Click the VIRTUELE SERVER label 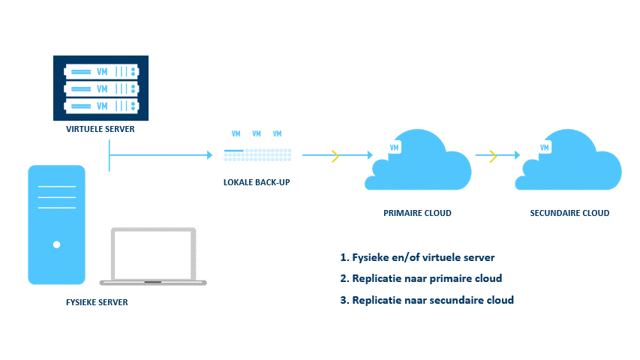(100, 129)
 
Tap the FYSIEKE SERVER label (97, 302)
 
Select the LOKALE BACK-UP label (257, 182)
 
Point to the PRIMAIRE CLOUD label (417, 213)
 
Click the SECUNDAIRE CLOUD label (569, 213)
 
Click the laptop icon (153, 256)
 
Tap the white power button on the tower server (57, 244)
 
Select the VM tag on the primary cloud (394, 147)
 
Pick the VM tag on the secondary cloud (545, 147)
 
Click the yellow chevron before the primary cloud (335, 155)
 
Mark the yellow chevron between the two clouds (493, 155)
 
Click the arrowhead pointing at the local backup (210, 155)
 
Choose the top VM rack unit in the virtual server (101, 72)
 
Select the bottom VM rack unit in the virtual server (101, 106)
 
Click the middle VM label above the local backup (257, 133)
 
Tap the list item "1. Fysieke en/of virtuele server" (417, 257)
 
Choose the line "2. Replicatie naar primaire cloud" (421, 278)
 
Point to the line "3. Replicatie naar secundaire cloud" (426, 300)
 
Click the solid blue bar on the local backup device (234, 151)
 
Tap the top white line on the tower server (57, 187)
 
